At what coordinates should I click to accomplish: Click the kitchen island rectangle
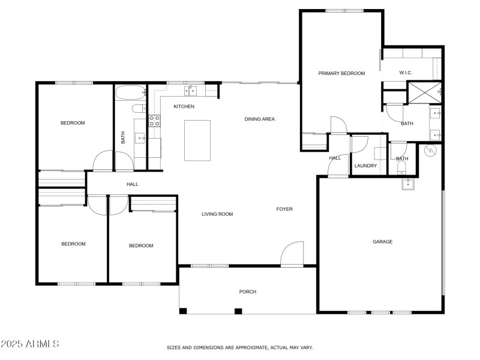coord(197,140)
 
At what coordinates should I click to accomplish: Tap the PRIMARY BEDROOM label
coord(341,73)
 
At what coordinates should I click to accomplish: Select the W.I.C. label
coord(405,73)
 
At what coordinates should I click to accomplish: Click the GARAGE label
coord(382,242)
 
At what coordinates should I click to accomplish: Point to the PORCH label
coord(248,292)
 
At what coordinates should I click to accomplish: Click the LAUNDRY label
coord(365,166)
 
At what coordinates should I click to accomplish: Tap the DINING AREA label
coord(259,119)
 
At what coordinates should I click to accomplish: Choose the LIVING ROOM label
coord(217,214)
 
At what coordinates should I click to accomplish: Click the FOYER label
coord(284,209)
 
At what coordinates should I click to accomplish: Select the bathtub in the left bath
coord(130,93)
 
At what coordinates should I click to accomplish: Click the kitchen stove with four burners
coord(154,119)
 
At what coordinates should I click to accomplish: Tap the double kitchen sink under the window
coord(190,91)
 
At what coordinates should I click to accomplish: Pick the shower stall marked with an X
coord(424,92)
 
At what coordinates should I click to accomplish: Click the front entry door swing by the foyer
coord(293,253)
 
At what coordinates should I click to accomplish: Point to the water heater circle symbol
coord(430,150)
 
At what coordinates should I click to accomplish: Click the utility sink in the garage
coord(409,183)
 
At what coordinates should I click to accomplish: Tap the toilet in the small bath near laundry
coord(400,168)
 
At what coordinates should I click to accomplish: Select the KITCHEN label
coord(184,106)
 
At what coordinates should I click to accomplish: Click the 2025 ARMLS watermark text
coord(30,344)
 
